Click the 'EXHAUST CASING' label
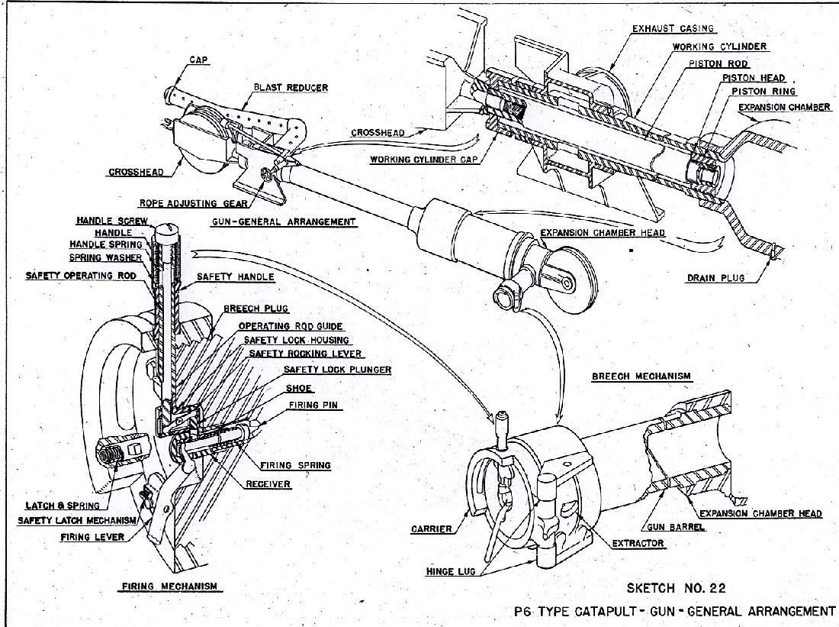[x=673, y=29]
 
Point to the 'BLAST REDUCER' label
[x=291, y=88]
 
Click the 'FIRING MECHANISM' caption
[x=170, y=587]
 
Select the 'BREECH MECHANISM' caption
[x=641, y=376]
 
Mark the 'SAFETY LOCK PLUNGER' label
[x=337, y=370]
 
